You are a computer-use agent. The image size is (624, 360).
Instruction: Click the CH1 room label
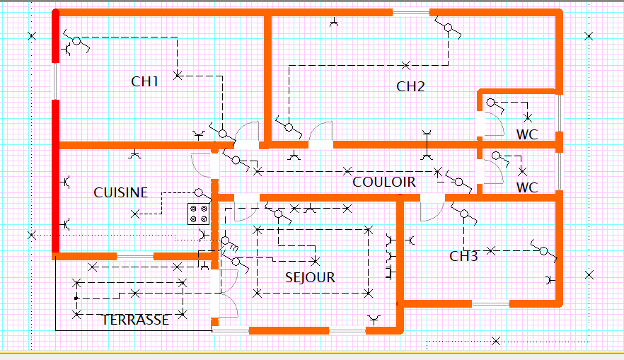(x=144, y=81)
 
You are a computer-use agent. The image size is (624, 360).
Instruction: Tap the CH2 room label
(x=410, y=86)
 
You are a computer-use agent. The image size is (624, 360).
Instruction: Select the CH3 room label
(x=463, y=256)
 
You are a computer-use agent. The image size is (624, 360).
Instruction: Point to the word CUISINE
(x=120, y=192)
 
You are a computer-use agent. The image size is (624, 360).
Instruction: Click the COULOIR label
(x=384, y=182)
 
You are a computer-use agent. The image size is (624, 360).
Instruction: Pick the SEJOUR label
(x=310, y=277)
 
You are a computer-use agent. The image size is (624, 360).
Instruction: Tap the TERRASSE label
(x=135, y=320)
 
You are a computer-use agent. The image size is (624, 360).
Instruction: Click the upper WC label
(x=527, y=134)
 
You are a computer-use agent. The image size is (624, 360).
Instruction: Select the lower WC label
(x=527, y=187)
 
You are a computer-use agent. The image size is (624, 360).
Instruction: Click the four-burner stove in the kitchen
(x=199, y=214)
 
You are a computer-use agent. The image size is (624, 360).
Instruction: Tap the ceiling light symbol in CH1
(x=178, y=75)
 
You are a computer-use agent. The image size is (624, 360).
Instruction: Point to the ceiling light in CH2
(x=405, y=65)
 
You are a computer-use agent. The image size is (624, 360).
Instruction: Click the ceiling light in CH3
(x=491, y=250)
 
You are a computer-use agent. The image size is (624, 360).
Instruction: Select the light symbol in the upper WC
(x=528, y=117)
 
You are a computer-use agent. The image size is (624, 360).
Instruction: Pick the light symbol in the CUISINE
(x=135, y=214)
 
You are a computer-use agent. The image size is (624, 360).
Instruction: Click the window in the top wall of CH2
(x=411, y=13)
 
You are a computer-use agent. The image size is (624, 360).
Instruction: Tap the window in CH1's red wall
(x=55, y=81)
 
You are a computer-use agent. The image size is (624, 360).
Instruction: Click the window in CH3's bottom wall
(x=491, y=304)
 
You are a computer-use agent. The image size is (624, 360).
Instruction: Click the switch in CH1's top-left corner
(x=76, y=41)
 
